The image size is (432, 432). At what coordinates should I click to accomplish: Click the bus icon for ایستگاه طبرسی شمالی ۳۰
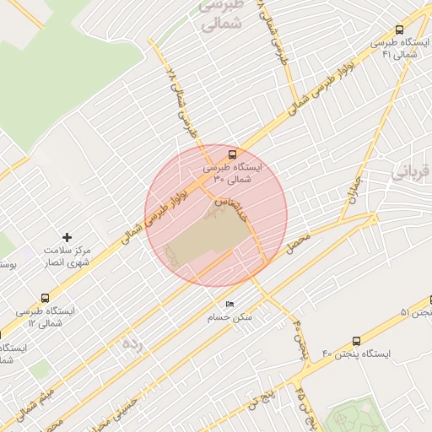(x=231, y=154)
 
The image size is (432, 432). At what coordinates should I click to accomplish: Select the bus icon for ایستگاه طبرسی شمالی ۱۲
(x=45, y=298)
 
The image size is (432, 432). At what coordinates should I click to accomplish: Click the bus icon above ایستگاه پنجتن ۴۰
(x=356, y=341)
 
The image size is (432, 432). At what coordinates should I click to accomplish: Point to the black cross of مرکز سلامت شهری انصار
(x=68, y=238)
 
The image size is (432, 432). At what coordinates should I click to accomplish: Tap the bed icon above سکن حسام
(x=229, y=305)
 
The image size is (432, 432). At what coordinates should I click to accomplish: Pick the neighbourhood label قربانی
(x=412, y=173)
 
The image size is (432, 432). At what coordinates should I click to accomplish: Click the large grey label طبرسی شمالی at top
(x=221, y=14)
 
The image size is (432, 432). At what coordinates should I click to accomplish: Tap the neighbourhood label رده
(x=131, y=343)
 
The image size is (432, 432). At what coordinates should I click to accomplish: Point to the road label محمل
(x=300, y=247)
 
